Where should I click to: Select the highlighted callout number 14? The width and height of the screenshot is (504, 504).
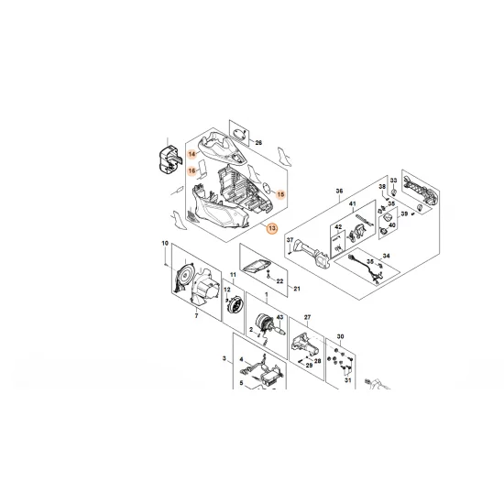[x=192, y=153]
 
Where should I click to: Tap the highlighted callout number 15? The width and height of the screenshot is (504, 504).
[x=281, y=195]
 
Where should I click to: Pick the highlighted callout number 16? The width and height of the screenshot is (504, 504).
[x=192, y=170]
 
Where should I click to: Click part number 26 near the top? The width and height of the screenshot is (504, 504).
[x=258, y=144]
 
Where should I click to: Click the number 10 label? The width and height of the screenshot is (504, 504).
[x=165, y=243]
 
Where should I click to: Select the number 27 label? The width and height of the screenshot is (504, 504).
[x=308, y=316]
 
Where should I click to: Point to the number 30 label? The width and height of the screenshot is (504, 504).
[x=341, y=336]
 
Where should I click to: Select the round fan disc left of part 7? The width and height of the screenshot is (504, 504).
[x=187, y=278]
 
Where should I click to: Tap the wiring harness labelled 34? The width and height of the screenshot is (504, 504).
[x=359, y=267]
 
